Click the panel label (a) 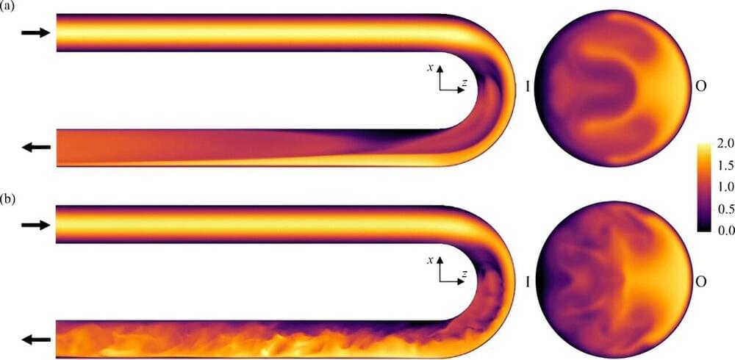tap(7, 8)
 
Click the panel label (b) tap(7, 200)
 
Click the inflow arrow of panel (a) tap(35, 32)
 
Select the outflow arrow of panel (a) tap(35, 147)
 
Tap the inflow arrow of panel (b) tap(35, 225)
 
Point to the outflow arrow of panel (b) tap(35, 340)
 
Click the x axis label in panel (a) tap(429, 68)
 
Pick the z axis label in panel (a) tap(464, 82)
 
